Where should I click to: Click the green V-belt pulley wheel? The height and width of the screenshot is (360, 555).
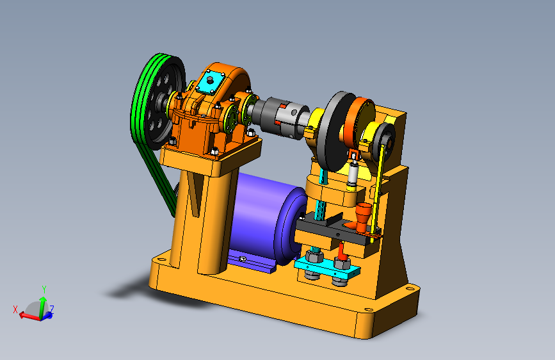pyautogui.click(x=158, y=102)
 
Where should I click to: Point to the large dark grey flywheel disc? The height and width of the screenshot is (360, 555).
pyautogui.click(x=335, y=131)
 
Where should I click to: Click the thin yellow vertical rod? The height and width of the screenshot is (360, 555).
pyautogui.click(x=378, y=192)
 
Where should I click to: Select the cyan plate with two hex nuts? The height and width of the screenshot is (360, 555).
pyautogui.click(x=327, y=266)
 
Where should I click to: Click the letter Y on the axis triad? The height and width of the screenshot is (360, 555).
pyautogui.click(x=44, y=289)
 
